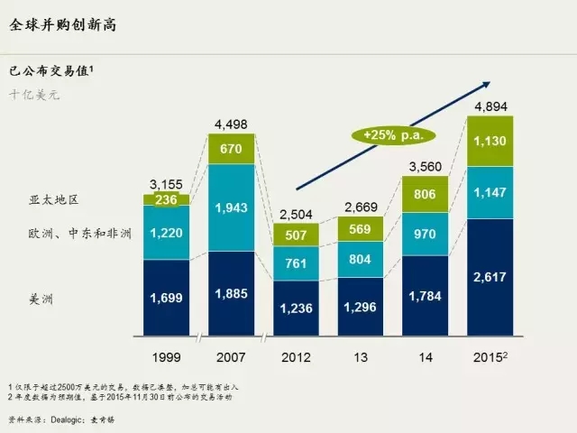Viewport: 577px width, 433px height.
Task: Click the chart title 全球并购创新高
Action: tap(62, 25)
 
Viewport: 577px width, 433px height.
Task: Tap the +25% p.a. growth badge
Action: tap(392, 134)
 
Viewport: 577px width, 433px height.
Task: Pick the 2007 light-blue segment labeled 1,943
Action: tap(232, 207)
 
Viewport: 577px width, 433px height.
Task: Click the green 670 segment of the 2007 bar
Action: tap(232, 149)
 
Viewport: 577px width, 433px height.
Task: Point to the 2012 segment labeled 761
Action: tap(296, 263)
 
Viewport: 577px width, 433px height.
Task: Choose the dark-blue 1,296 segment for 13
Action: tap(360, 305)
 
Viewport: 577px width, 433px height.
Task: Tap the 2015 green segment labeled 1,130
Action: tap(489, 141)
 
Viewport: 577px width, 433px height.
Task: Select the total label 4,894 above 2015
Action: tap(489, 106)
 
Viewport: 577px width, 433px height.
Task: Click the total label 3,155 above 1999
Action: tap(167, 184)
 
